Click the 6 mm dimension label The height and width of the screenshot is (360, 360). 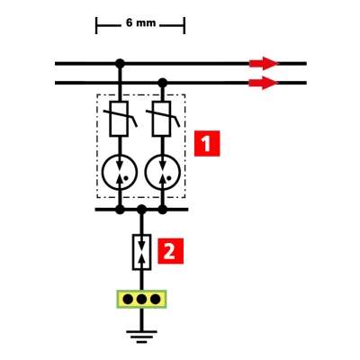[x=140, y=23]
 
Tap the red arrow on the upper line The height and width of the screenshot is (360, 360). [x=264, y=63]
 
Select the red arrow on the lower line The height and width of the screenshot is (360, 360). [x=264, y=83]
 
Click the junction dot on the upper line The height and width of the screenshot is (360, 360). [x=120, y=64]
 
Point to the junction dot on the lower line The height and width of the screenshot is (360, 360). [x=163, y=83]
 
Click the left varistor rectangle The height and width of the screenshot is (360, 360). [x=120, y=119]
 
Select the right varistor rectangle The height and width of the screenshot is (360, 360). [x=162, y=119]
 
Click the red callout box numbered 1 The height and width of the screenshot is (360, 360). [x=207, y=143]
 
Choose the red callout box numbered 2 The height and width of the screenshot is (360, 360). [x=171, y=251]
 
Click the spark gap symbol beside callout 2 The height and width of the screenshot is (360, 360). [x=141, y=252]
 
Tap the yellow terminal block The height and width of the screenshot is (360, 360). [x=141, y=299]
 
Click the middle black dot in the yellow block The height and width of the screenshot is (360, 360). [x=141, y=299]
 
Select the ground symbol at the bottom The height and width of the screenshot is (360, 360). [x=141, y=337]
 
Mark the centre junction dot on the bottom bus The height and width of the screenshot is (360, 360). [x=141, y=210]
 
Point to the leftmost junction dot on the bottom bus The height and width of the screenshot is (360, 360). [x=120, y=210]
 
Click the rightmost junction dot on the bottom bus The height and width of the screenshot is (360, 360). [x=163, y=210]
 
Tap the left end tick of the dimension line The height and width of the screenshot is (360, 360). [x=96, y=25]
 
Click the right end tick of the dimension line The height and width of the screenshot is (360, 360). [x=184, y=25]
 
